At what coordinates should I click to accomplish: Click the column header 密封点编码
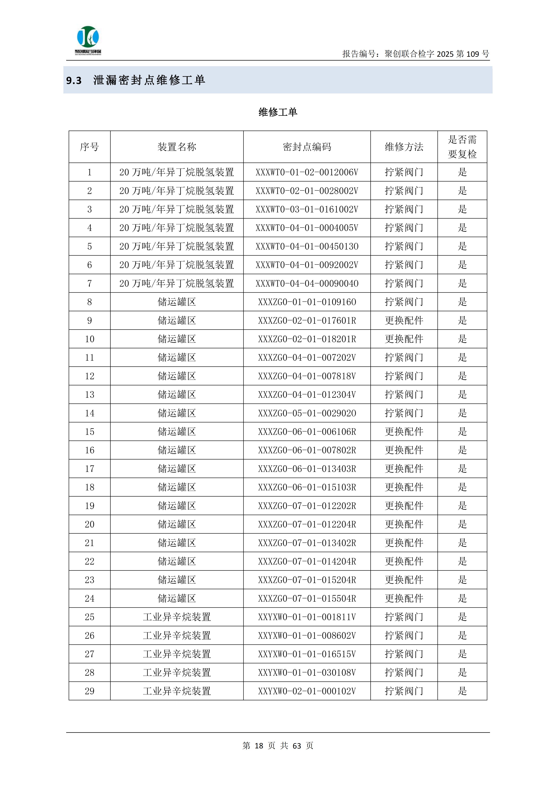[307, 147]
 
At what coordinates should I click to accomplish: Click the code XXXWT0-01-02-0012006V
[307, 172]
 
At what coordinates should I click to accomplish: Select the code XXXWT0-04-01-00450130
[307, 246]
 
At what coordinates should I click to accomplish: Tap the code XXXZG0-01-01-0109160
[307, 302]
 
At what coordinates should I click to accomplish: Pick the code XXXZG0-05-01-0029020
[307, 413]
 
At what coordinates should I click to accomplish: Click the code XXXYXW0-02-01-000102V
[307, 691]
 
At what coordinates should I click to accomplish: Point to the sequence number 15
[89, 432]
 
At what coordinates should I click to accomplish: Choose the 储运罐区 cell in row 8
[177, 302]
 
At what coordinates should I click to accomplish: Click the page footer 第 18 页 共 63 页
[278, 746]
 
